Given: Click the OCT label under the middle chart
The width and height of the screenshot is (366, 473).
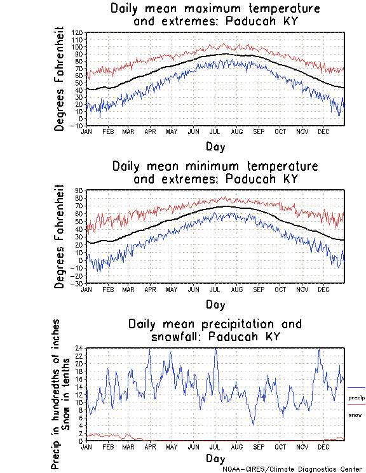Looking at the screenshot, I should point(280,289).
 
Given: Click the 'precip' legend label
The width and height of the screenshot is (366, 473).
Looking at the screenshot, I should point(356,398).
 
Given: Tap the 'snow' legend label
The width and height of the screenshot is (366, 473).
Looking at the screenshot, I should point(355,415).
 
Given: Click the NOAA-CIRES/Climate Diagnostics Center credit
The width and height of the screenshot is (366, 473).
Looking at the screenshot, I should point(292,469).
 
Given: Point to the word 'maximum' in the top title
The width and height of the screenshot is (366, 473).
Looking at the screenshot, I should point(217,9).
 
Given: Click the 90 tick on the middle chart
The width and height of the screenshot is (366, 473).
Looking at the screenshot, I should point(79,190).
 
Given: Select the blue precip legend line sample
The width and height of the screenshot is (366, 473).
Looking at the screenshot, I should point(356,387).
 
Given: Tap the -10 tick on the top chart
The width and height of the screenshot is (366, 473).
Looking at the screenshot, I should point(77,126).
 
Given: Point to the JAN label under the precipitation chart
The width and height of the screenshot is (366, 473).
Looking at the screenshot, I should point(86,446).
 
